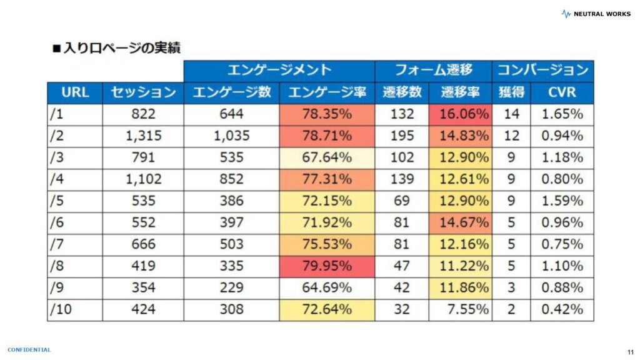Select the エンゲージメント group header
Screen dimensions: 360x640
[x=279, y=70]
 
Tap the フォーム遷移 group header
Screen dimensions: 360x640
[x=432, y=70]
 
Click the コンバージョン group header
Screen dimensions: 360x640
[x=542, y=70]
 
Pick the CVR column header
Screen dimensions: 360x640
[x=562, y=92]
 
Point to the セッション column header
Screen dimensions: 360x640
[x=143, y=92]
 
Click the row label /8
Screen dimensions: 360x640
[x=58, y=266]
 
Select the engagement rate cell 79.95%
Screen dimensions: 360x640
[x=327, y=266]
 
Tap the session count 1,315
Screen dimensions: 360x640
[x=143, y=136]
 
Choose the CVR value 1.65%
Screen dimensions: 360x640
[x=562, y=114]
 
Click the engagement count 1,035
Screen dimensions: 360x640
[x=231, y=136]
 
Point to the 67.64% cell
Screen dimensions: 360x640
[x=327, y=157]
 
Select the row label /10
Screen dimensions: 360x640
[x=61, y=309]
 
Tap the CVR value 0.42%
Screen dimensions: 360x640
[x=562, y=309]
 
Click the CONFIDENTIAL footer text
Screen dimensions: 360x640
[x=29, y=350]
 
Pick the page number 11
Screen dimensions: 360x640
[x=629, y=352]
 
